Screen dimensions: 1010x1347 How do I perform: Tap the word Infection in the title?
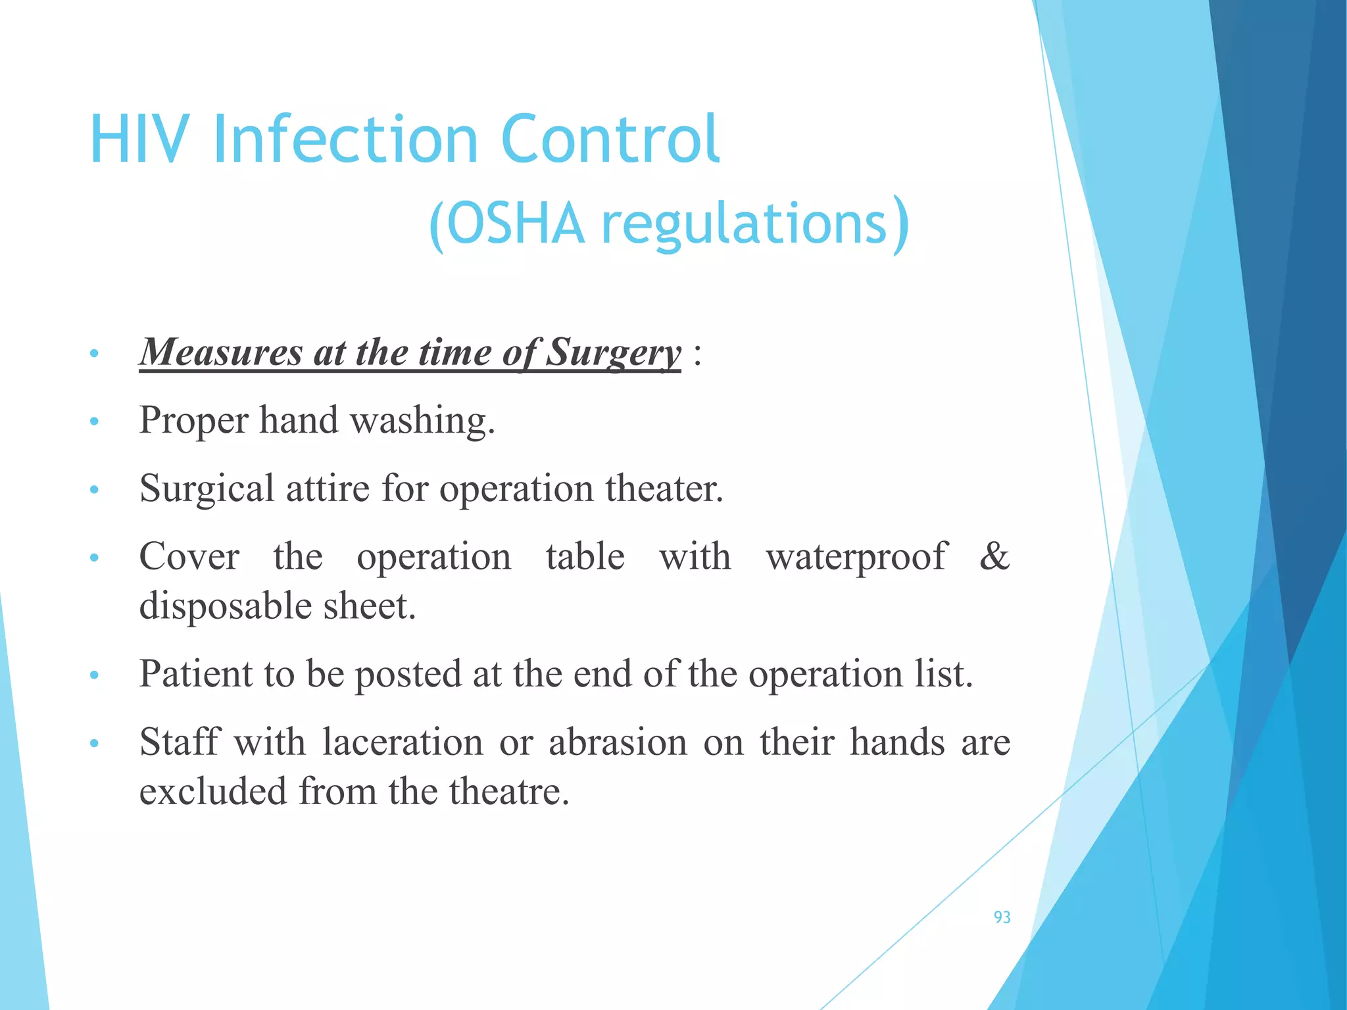pyautogui.click(x=345, y=139)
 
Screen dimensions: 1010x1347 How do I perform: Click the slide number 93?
pyautogui.click(x=1002, y=917)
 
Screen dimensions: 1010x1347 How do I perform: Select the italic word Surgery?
pyautogui.click(x=614, y=353)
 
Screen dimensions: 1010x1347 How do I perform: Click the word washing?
pyautogui.click(x=422, y=421)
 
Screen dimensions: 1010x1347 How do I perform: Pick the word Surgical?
pyautogui.click(x=207, y=489)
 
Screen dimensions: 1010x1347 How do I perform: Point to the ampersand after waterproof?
pyautogui.click(x=994, y=556)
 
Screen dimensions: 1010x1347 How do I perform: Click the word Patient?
pyautogui.click(x=195, y=674)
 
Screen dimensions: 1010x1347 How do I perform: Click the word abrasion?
pyautogui.click(x=618, y=742)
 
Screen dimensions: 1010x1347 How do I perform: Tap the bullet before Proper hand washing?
pyautogui.click(x=94, y=421)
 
